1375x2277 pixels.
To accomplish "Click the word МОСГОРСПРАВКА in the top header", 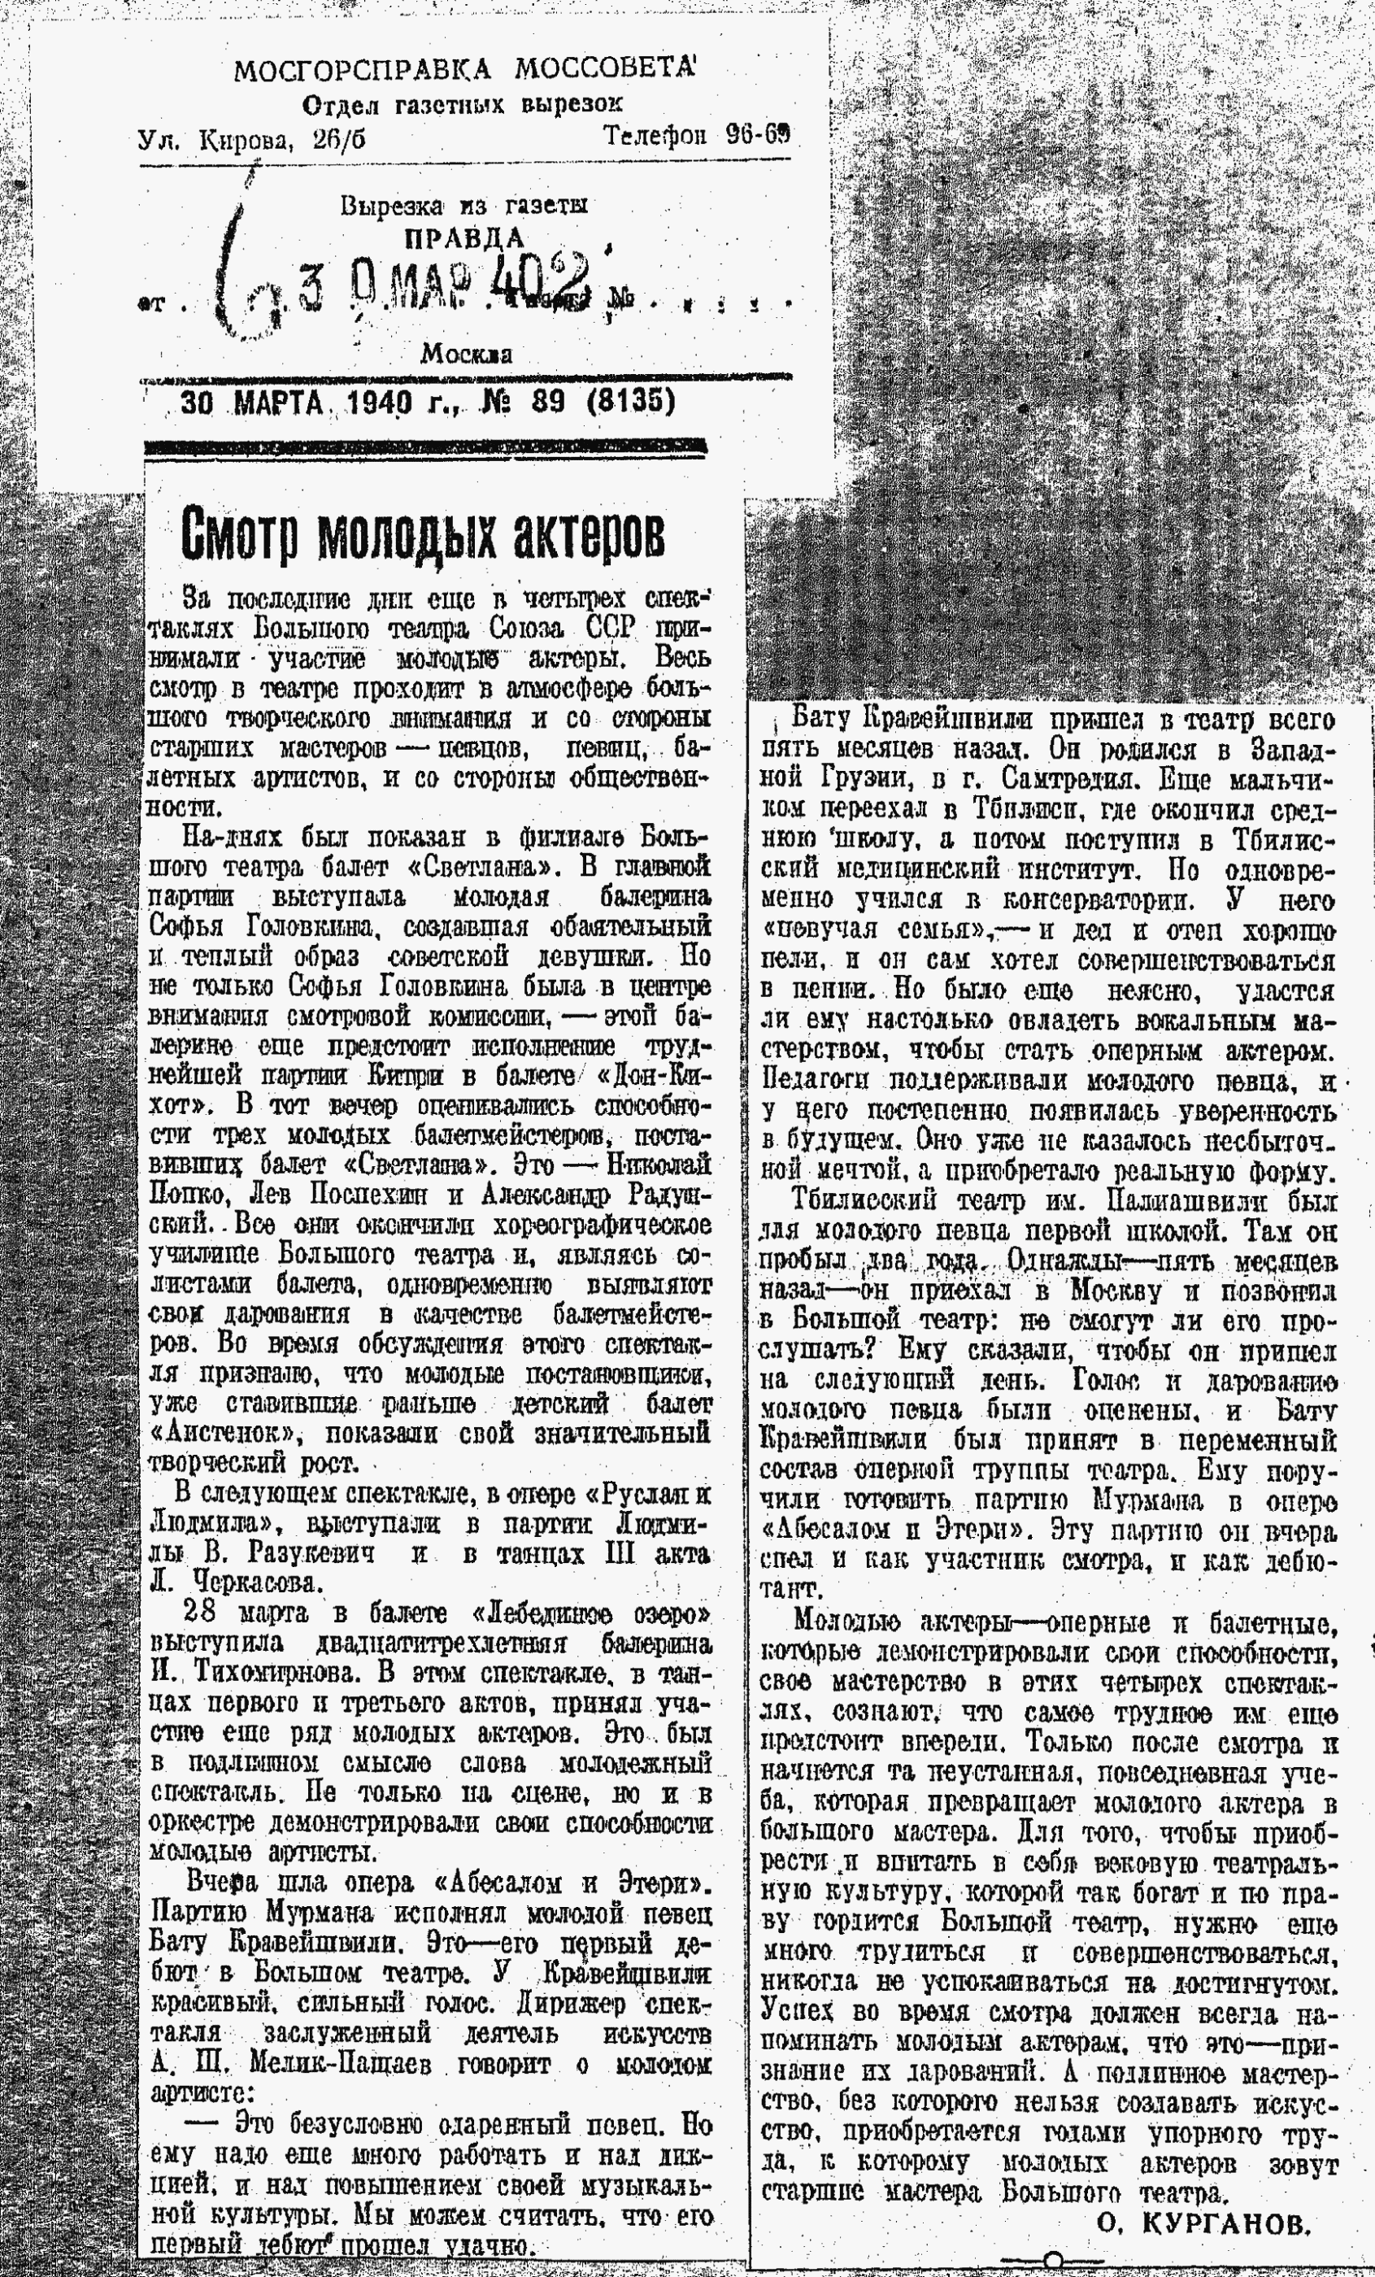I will [359, 69].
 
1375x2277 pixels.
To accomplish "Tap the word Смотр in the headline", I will [240, 535].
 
